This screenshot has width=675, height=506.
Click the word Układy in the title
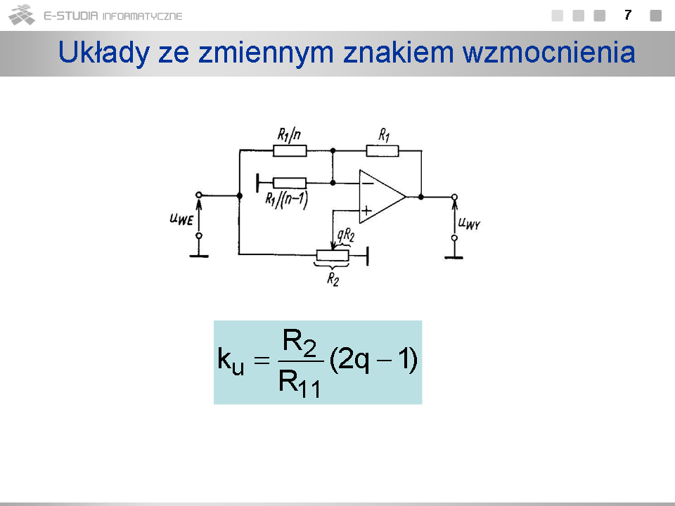click(x=104, y=53)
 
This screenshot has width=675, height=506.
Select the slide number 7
click(x=628, y=15)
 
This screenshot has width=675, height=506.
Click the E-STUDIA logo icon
click(x=22, y=15)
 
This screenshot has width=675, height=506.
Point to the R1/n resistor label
click(x=289, y=135)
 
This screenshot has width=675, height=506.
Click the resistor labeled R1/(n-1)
click(x=290, y=183)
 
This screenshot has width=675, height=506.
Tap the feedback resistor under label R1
click(x=382, y=150)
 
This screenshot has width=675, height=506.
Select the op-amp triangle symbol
click(x=382, y=197)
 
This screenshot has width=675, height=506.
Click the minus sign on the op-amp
click(x=367, y=183)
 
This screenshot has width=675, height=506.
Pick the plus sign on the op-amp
click(x=366, y=210)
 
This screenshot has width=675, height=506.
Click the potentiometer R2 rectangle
click(x=333, y=255)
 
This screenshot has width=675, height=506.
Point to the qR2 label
click(x=346, y=235)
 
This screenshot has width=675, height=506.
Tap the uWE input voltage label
click(x=181, y=219)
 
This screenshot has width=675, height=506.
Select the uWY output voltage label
click(x=469, y=223)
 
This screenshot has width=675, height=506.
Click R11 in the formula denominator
click(x=300, y=383)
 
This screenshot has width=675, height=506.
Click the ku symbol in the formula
click(x=231, y=360)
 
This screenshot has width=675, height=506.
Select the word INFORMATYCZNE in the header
click(x=143, y=16)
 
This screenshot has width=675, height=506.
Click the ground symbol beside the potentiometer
click(x=367, y=256)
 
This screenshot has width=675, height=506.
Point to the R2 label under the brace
click(x=333, y=279)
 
